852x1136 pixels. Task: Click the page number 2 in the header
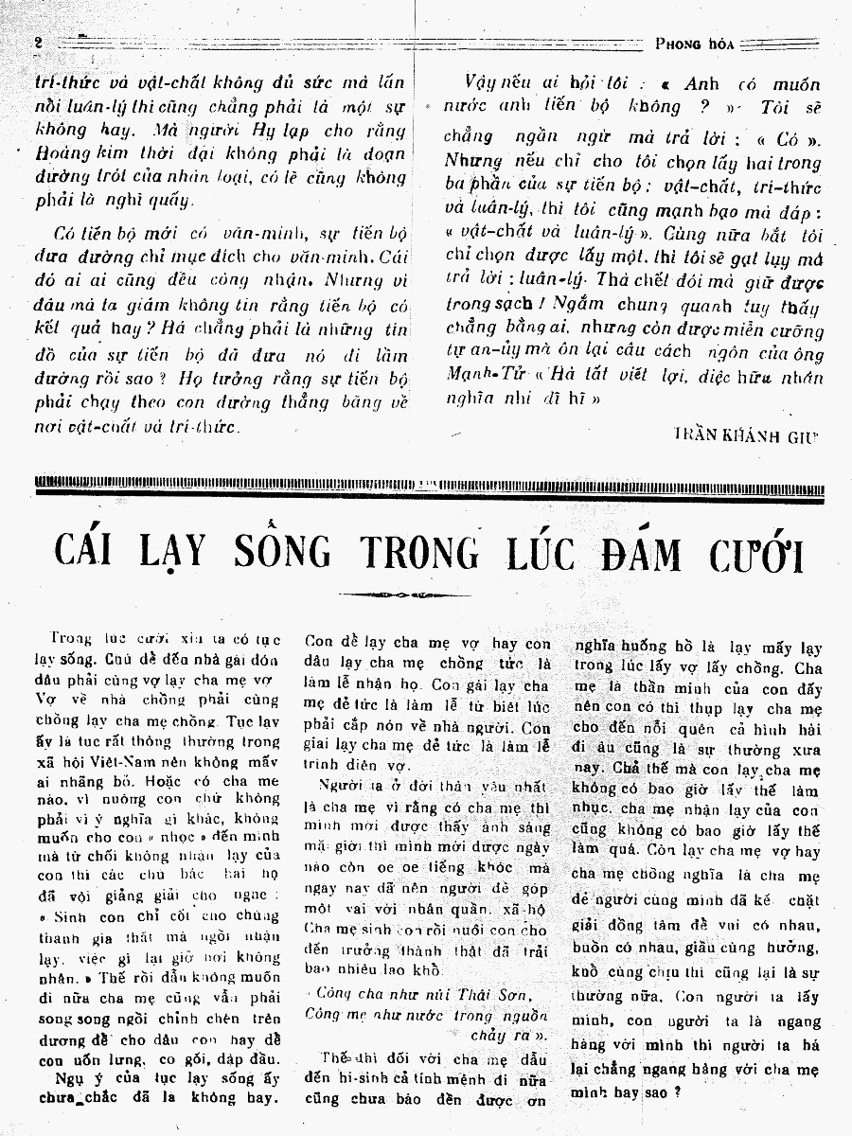pyautogui.click(x=39, y=43)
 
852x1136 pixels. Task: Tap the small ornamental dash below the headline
pyautogui.click(x=418, y=595)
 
